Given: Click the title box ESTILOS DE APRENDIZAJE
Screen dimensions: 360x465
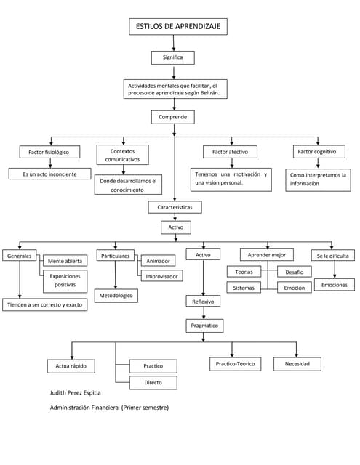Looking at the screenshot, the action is (178, 26).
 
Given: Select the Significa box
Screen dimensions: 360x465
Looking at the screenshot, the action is (173, 57).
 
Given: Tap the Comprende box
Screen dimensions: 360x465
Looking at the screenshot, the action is (173, 117).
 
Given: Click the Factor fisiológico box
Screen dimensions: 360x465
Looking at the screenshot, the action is (49, 152).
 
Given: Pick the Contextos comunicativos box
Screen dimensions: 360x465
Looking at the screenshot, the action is (123, 155).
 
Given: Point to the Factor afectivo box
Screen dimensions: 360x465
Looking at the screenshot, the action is (230, 152).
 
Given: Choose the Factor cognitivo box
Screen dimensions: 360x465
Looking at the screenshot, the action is (319, 152).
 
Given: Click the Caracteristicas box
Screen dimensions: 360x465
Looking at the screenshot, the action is (175, 207).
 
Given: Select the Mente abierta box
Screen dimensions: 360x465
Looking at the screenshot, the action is (65, 261).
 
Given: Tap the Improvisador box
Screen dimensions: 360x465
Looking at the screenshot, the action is (161, 276).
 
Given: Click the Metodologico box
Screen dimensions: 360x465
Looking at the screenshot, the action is (116, 296).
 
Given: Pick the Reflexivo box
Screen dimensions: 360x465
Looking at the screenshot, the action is (203, 301).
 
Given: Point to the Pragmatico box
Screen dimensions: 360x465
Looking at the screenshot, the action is (204, 325).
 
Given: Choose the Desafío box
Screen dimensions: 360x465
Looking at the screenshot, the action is (295, 272).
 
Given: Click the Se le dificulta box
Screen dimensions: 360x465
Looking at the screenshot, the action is (332, 255).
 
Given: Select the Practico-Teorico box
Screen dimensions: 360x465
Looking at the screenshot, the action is (236, 364).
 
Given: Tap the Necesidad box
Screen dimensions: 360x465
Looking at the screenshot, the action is (297, 364).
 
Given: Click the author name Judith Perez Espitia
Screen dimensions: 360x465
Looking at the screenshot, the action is (75, 393).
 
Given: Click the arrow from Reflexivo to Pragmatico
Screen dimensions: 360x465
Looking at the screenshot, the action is (204, 313).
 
